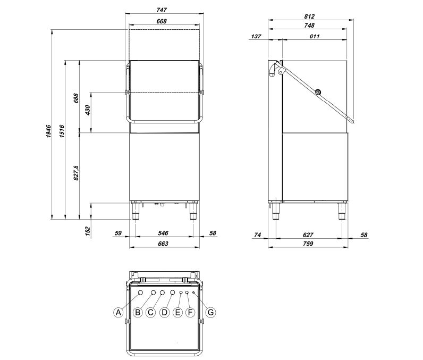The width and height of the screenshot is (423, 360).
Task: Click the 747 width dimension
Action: [x=162, y=10]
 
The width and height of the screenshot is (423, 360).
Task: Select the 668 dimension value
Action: [x=162, y=21]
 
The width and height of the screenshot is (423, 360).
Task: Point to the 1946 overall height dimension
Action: [x=48, y=131]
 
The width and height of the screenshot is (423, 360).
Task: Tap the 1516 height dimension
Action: [x=62, y=131]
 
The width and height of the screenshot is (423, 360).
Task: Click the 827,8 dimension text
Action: [x=77, y=173]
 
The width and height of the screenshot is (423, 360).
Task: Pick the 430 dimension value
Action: [x=88, y=111]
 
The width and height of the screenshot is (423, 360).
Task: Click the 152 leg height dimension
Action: [x=88, y=231]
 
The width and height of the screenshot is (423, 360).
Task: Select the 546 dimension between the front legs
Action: [x=163, y=232]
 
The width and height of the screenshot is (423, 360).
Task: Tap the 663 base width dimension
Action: [x=163, y=244]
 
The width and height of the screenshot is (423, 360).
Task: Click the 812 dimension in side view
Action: [x=309, y=16]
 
